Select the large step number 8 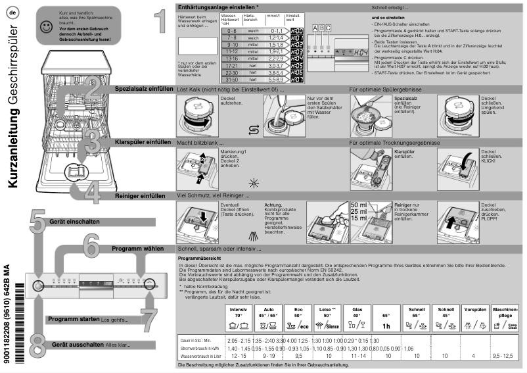coord(37,343)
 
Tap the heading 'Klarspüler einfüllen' coord(143,141)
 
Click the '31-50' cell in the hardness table coord(231,80)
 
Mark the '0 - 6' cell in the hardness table coord(231,30)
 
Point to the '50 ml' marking coord(359,205)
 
